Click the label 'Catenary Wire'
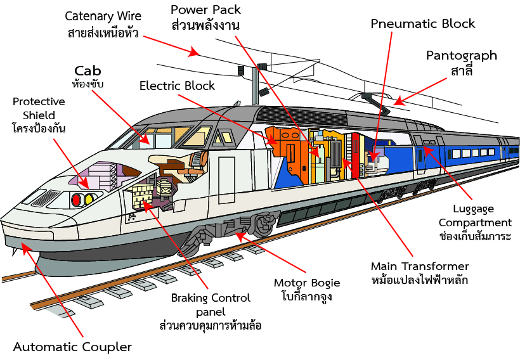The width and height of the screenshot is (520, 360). coord(103,15)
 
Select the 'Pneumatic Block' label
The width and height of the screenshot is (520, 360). coord(423,24)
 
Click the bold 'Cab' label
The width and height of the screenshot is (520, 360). coord(88,70)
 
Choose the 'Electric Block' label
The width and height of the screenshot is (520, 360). coord(177,86)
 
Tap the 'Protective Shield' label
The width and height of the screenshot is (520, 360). coord(39,108)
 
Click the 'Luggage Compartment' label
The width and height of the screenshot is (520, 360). coord(475,215)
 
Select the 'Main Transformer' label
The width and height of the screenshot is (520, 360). coord(420,266)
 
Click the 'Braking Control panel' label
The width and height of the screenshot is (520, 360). coord(211,304)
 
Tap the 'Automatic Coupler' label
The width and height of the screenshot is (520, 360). coord(72,347)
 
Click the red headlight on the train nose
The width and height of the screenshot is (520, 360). coord(77,200)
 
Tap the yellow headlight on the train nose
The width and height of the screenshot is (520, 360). coord(89,199)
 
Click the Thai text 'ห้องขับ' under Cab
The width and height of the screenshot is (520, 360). coord(88,83)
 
